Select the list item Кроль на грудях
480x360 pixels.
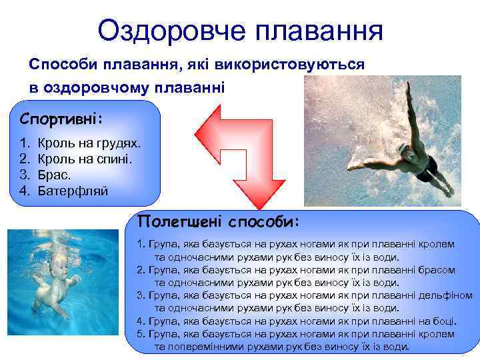coord(89,143)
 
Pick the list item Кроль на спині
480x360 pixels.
coord(86,159)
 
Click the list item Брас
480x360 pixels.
coord(55,175)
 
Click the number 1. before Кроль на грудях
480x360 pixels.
coord(25,143)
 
